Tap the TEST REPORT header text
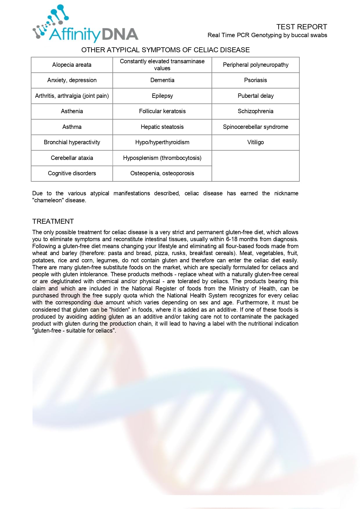[301, 27]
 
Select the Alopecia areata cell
[72, 65]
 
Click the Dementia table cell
[162, 80]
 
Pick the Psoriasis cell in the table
[255, 80]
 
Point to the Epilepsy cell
[162, 96]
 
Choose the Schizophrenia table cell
[255, 111]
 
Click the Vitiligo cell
[255, 142]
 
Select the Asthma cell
[72, 127]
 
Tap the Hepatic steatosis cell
[162, 127]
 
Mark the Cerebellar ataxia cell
[72, 158]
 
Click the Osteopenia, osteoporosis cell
[162, 174]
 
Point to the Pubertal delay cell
[255, 96]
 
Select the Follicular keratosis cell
[162, 111]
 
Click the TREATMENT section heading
[53, 221]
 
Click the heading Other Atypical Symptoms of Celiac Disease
[165, 50]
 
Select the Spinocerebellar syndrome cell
[255, 127]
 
